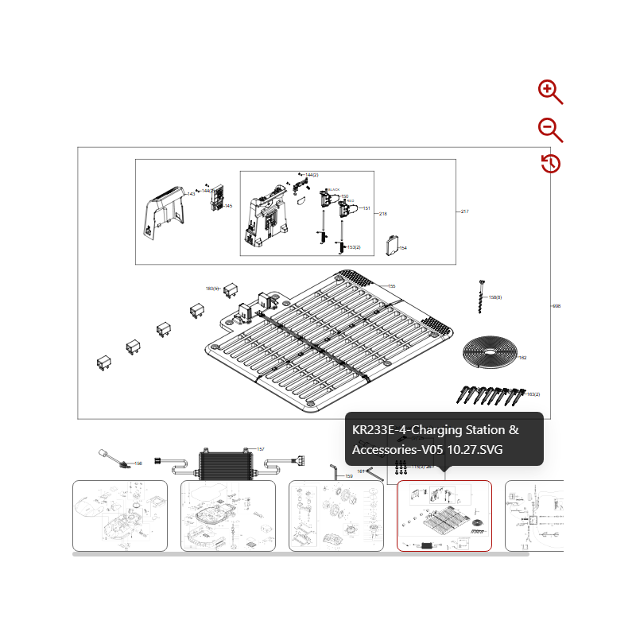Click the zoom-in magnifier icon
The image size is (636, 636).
(x=549, y=91)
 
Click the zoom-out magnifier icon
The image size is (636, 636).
(x=549, y=130)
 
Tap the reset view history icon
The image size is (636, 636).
(x=551, y=164)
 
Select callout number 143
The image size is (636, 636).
(x=191, y=193)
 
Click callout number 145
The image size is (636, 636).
(x=228, y=206)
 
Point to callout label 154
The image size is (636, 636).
(x=403, y=248)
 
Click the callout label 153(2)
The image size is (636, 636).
(x=354, y=247)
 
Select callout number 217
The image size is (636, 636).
(x=464, y=211)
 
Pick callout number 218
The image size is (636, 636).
(x=382, y=214)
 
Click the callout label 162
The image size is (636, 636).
(x=522, y=358)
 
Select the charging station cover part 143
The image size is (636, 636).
(x=164, y=213)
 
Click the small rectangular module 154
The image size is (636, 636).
(x=392, y=244)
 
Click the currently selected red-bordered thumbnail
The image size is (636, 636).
(x=444, y=515)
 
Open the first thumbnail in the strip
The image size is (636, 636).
(x=120, y=515)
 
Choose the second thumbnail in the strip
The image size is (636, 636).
(x=228, y=515)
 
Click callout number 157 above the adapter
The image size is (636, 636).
(x=260, y=449)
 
